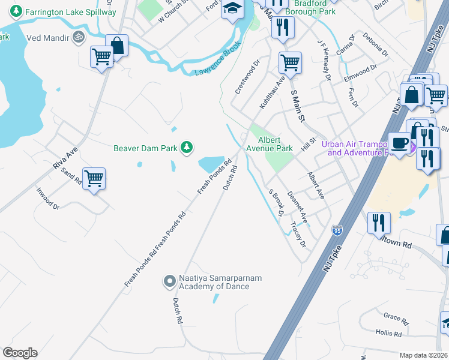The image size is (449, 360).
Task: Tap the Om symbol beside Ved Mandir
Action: click(77, 38)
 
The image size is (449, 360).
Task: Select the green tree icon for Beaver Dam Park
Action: click(187, 146)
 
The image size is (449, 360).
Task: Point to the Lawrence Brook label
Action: click(217, 62)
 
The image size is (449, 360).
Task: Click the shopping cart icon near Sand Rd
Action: click(94, 178)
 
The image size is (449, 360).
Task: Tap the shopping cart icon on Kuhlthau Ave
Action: click(290, 62)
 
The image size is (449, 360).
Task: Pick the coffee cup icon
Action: click(399, 143)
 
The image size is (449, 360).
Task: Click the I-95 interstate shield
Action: click(337, 230)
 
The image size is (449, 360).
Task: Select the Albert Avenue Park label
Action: click(269, 144)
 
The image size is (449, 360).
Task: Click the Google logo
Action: click(20, 353)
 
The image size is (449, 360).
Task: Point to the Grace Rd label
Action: click(396, 316)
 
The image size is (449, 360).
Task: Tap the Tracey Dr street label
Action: click(298, 235)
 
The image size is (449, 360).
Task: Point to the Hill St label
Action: click(309, 145)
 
